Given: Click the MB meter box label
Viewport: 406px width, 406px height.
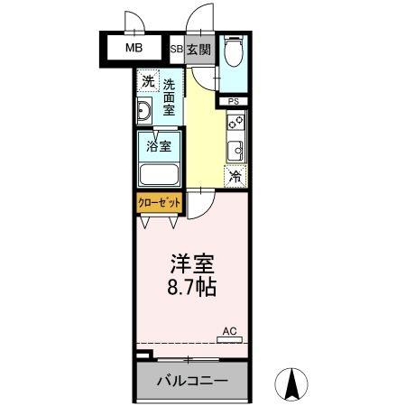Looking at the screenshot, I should click(x=133, y=48).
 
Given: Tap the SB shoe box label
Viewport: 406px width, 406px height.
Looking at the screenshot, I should click(x=177, y=51).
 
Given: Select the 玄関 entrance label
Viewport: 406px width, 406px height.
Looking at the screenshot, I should click(x=198, y=51).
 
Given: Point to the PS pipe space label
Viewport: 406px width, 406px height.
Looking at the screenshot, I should click(x=234, y=101).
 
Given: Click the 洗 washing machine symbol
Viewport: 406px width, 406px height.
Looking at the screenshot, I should click(x=149, y=82).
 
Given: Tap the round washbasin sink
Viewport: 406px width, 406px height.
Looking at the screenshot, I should click(x=144, y=112).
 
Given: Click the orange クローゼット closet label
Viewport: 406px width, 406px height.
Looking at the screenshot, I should click(x=159, y=203).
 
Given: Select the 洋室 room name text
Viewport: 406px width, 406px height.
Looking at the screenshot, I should click(x=191, y=266).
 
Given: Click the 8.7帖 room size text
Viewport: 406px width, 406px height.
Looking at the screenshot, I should click(x=191, y=291).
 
